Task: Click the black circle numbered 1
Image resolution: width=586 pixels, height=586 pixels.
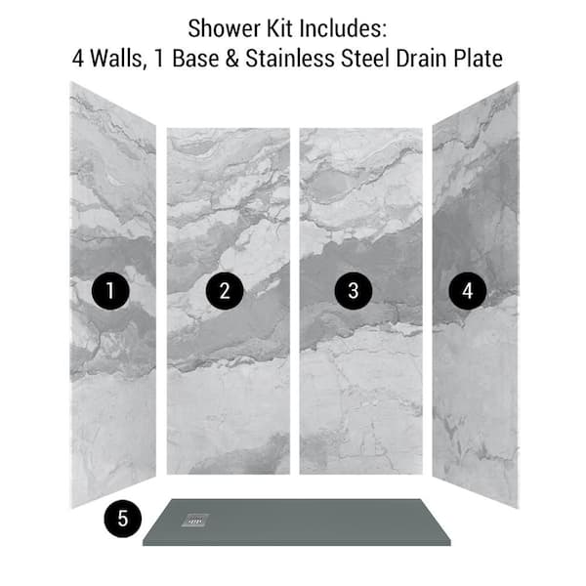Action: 110,290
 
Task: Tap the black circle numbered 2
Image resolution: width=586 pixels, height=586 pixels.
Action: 225,290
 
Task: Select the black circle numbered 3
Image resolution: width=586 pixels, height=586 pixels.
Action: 354,290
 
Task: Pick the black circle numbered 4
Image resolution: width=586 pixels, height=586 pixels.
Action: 467,290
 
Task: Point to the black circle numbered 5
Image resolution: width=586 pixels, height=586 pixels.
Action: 123,519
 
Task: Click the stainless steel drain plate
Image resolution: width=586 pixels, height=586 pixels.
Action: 195,521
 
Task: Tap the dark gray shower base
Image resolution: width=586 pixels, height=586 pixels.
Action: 297,523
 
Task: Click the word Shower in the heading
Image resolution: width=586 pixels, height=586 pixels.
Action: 225,28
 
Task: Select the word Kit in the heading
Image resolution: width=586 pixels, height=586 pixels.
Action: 280,28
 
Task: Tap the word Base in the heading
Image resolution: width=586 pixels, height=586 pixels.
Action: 195,59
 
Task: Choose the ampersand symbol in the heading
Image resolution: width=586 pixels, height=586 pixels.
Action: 232,59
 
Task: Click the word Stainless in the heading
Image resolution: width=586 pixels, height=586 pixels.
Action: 290,59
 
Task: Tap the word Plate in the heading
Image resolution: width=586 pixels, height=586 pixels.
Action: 478,59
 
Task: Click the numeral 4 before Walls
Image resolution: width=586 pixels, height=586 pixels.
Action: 78,59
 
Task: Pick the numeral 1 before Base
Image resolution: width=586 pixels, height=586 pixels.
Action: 159,59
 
